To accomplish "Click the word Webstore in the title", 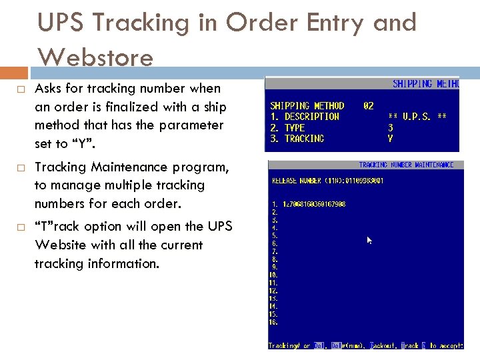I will tap(95, 57).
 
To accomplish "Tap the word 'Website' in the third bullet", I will tap(56, 245).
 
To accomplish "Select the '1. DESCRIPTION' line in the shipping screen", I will tap(305, 117).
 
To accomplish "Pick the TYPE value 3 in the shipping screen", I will tap(391, 127).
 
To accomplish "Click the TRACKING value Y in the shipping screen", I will tap(391, 139).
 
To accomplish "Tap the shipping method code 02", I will tap(368, 105).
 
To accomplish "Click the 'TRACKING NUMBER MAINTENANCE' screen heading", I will tap(406, 165).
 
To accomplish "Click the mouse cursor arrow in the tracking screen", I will tap(370, 240).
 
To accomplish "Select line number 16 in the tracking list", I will tap(273, 323).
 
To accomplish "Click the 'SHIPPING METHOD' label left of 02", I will tap(307, 105).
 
